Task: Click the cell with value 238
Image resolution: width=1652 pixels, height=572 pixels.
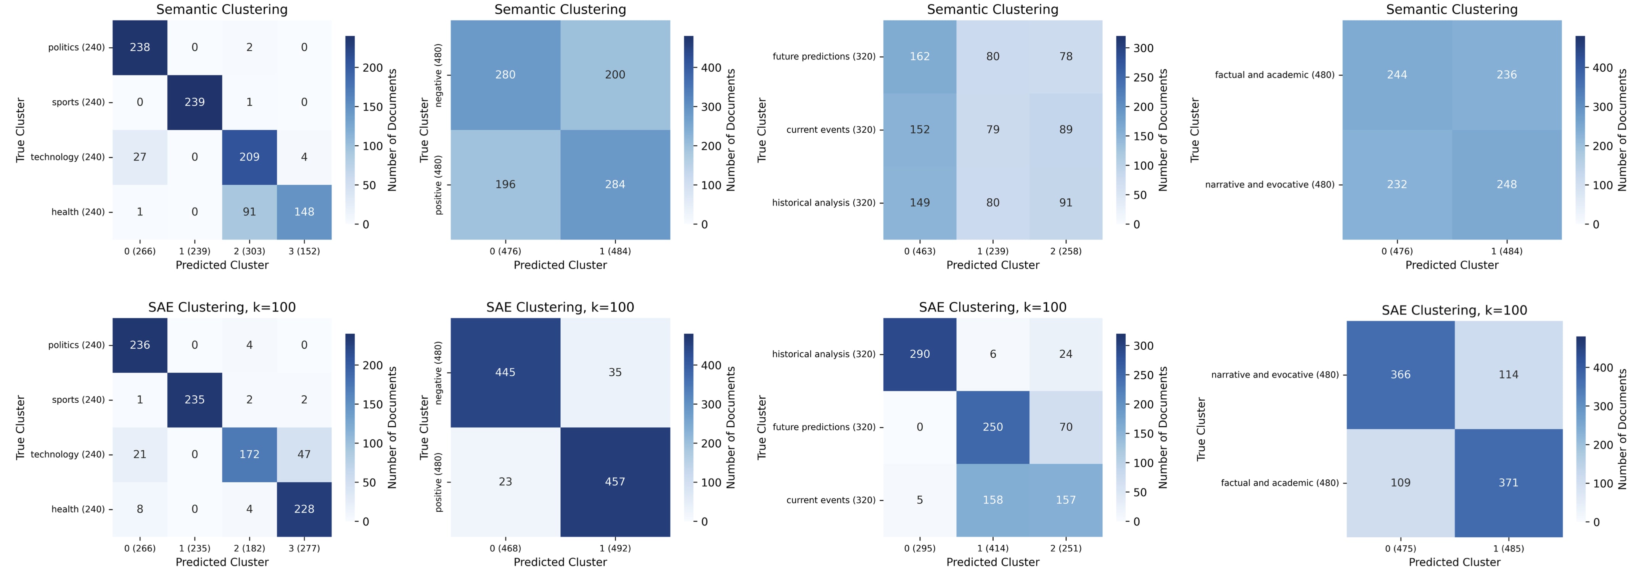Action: pos(140,47)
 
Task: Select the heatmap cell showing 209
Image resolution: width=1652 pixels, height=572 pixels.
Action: pos(249,157)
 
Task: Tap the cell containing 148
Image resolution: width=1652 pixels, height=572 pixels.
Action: pos(304,212)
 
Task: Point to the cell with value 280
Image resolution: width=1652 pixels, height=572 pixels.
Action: pos(505,75)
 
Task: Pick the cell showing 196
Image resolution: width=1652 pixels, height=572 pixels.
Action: pos(505,185)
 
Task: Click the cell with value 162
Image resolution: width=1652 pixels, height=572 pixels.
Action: pos(920,56)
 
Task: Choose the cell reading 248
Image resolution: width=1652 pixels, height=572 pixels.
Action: pos(1506,185)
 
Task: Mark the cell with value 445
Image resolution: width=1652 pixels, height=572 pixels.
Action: pos(505,373)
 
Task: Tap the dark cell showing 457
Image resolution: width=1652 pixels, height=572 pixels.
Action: pos(615,482)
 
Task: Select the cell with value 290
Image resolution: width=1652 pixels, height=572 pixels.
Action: pos(920,354)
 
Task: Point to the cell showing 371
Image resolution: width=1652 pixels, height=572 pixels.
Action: pos(1508,483)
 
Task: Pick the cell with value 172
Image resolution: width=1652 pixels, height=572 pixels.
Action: pos(249,455)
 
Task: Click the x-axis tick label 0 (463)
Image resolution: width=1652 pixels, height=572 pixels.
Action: pos(920,251)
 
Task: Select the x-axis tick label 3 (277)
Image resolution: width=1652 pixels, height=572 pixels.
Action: pos(304,548)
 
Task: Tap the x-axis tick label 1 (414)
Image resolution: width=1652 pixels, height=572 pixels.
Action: pos(993,548)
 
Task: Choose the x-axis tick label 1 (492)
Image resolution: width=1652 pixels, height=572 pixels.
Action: pos(615,548)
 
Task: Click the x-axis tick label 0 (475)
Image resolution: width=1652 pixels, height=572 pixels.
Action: pos(1401,548)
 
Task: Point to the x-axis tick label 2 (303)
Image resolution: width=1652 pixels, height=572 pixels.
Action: pos(249,251)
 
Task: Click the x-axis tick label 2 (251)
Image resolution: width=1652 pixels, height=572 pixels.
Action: pos(1066,548)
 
